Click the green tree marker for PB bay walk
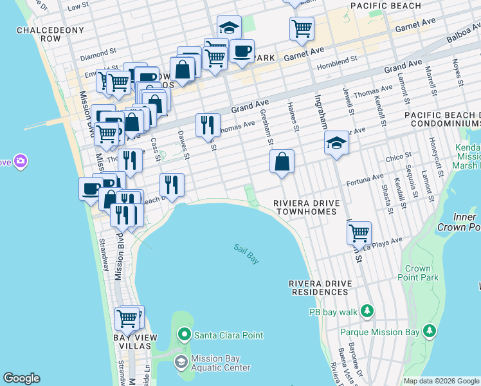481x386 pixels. pos(367,312)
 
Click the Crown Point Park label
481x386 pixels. pos(422,273)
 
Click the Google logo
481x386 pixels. pos(21,378)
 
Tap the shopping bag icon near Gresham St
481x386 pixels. pos(282,162)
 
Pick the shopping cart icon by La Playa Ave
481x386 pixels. pos(359,232)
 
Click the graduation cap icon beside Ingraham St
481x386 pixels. pos(336,143)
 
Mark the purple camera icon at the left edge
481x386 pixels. pos(21,160)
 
